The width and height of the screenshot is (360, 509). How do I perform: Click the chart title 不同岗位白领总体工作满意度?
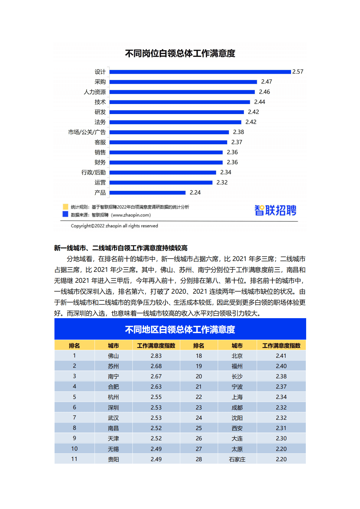pyautogui.click(x=180, y=54)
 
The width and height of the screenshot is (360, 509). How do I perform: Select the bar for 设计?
pyautogui.click(x=200, y=72)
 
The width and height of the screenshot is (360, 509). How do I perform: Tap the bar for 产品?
pyautogui.click(x=147, y=193)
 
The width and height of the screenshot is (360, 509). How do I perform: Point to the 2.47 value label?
pyautogui.click(x=267, y=82)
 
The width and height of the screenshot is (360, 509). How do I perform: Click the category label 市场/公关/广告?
pyautogui.click(x=87, y=132)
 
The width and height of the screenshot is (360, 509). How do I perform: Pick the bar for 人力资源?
pyautogui.click(x=182, y=92)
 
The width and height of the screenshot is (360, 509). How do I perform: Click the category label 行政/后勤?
pyautogui.click(x=93, y=172)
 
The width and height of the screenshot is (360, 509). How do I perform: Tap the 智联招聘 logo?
pyautogui.click(x=275, y=210)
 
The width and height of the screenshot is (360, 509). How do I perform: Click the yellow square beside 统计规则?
pyautogui.click(x=65, y=207)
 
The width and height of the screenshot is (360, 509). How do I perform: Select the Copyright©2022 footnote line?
pyautogui.click(x=114, y=226)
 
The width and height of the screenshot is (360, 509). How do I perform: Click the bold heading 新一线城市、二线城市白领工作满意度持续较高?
pyautogui.click(x=121, y=248)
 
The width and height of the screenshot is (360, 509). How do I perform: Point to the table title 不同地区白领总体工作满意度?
pyautogui.click(x=180, y=329)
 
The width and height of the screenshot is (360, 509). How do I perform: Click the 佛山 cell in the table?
pyautogui.click(x=113, y=356)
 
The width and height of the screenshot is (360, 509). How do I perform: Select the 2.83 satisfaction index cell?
pyautogui.click(x=156, y=356)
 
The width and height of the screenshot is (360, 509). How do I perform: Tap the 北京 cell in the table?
pyautogui.click(x=237, y=356)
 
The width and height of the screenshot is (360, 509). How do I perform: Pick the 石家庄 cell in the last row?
pyautogui.click(x=237, y=459)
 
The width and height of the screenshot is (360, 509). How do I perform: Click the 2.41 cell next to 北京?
pyautogui.click(x=281, y=356)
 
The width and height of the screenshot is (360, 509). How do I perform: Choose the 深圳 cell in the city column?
pyautogui.click(x=113, y=408)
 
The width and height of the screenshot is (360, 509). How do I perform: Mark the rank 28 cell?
pyautogui.click(x=199, y=459)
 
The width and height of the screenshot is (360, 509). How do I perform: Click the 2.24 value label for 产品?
pyautogui.click(x=195, y=193)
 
